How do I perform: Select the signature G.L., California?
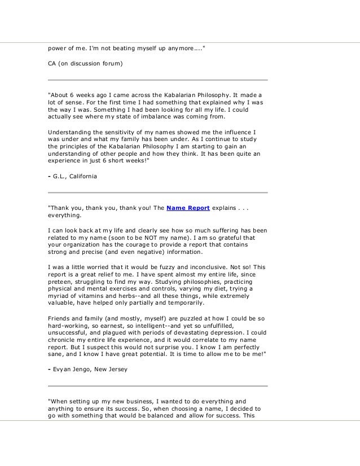74,177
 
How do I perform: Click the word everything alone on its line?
64,214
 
